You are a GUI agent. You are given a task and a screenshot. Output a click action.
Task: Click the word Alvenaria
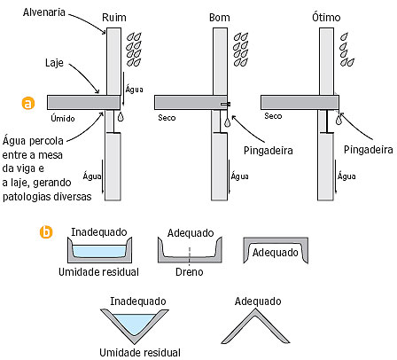[44, 12]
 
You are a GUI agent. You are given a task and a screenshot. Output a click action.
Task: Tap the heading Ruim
[114, 18]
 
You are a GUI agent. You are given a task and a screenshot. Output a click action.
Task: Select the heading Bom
[219, 18]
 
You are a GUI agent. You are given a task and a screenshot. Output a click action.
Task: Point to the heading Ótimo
[326, 17]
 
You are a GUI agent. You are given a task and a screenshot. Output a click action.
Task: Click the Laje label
[54, 63]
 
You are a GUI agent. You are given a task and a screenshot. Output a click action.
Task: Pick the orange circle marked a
[28, 103]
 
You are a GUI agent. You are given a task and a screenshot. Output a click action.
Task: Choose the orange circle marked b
[46, 232]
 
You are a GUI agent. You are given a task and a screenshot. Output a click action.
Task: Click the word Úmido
[63, 118]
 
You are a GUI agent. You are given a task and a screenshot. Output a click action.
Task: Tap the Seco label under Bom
[167, 118]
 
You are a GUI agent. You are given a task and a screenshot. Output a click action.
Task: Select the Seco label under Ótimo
[273, 116]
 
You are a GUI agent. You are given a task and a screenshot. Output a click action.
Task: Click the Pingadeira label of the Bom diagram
[269, 151]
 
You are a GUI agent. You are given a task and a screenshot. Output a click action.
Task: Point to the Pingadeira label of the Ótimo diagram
[369, 150]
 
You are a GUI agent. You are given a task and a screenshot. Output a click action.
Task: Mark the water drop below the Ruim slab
[121, 117]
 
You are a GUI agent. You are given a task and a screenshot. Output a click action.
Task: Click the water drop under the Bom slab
[227, 121]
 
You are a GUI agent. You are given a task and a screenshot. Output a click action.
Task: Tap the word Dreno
[190, 272]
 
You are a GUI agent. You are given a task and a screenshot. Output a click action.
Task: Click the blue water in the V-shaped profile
[135, 323]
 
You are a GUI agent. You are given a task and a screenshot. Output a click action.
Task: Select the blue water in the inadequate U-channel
[99, 252]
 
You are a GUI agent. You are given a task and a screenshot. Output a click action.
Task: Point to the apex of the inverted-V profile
[255, 309]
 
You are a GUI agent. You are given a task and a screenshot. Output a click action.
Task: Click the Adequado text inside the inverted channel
[276, 253]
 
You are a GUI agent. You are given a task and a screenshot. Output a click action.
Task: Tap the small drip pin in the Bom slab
[226, 104]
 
